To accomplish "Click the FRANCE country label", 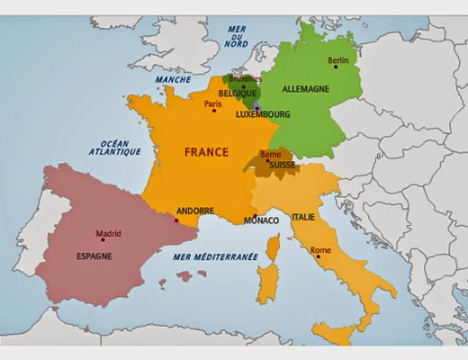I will [206, 152].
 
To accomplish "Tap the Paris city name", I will [213, 105].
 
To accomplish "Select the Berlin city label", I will [338, 60].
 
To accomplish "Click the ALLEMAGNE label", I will [307, 91].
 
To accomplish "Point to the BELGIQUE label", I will [241, 92].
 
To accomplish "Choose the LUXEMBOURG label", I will [262, 115].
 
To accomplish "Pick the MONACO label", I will [261, 220].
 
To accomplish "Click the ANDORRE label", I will [195, 210].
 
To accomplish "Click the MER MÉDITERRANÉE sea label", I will [215, 257].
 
